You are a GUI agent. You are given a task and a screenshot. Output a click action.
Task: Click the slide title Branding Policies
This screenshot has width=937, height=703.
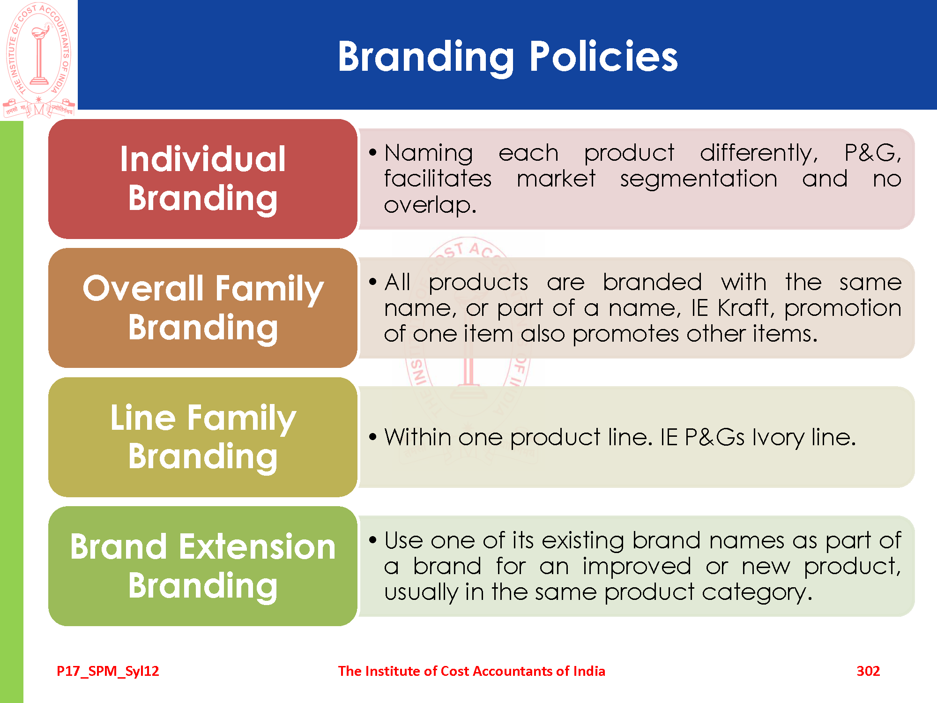tap(507, 57)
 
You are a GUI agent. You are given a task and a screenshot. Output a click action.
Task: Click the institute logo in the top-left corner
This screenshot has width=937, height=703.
tap(39, 60)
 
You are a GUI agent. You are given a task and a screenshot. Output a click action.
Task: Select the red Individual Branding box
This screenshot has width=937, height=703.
tap(203, 179)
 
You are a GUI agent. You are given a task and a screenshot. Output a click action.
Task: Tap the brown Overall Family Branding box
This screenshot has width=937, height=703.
tap(203, 308)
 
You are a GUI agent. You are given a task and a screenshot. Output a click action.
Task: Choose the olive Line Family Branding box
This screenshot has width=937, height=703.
tap(203, 437)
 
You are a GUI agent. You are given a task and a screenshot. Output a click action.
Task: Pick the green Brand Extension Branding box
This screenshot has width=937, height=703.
tap(203, 566)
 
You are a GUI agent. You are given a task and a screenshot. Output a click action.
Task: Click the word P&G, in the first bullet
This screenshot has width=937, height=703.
tap(873, 153)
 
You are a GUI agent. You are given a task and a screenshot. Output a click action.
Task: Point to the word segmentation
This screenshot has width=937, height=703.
tap(699, 179)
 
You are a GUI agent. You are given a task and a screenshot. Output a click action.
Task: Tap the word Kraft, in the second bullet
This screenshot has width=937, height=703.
tap(744, 308)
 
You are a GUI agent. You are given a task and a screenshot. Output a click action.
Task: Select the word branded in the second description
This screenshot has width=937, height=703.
tap(652, 282)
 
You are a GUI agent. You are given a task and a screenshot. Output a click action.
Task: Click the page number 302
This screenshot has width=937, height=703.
tap(868, 671)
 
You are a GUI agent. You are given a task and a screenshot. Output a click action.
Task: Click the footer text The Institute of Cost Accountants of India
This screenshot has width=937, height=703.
tap(471, 671)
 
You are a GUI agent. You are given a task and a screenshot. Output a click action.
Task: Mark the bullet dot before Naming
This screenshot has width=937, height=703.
tap(373, 152)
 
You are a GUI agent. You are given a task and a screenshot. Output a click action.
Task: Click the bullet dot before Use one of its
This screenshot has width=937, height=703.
tap(373, 540)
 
